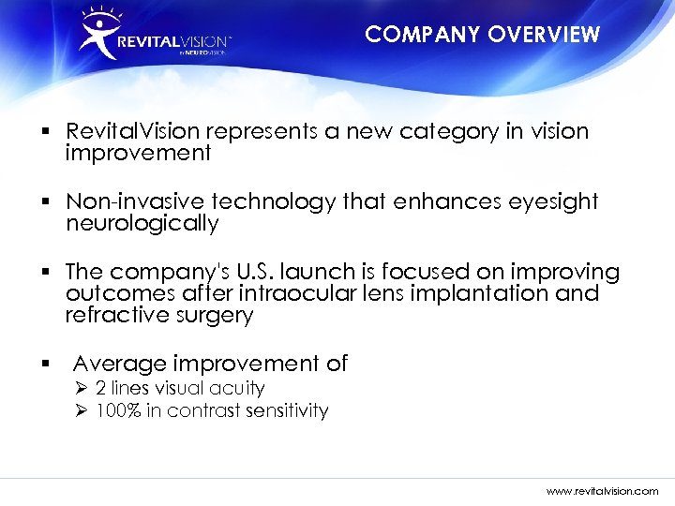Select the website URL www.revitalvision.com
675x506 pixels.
(603, 490)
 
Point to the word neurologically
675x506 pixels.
(142, 224)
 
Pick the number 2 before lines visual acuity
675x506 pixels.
(101, 388)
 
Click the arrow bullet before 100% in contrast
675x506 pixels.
(81, 410)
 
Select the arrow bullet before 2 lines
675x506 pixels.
(81, 388)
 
